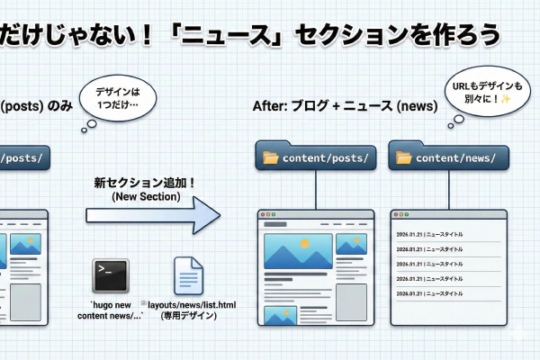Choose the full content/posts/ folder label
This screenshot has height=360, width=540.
tap(314, 157)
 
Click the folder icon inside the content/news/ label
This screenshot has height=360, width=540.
tap(403, 158)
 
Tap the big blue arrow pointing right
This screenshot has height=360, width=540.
tap(153, 215)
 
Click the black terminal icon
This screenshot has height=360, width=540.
tap(111, 274)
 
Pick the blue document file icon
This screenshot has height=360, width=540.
tap(189, 275)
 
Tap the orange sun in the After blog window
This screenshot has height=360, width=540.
tap(304, 243)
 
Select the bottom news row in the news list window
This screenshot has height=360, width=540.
tap(430, 294)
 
